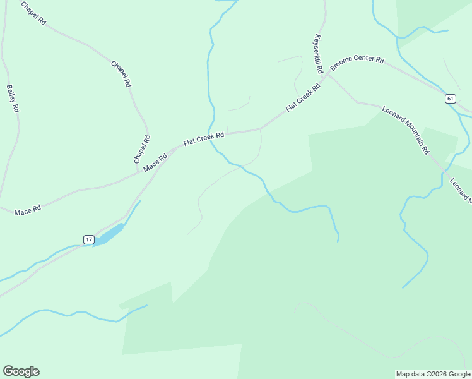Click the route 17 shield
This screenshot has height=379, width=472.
88,239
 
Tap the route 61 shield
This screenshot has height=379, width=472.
450,99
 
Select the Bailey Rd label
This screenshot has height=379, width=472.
13,99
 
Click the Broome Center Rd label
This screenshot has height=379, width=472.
357,64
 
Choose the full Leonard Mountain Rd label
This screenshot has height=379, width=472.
406,130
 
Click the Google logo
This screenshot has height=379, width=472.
21,371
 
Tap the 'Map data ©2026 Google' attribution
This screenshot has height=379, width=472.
434,374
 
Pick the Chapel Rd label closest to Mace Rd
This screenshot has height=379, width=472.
142,150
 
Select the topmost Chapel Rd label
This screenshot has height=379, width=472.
33,13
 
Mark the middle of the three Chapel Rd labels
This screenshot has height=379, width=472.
121,74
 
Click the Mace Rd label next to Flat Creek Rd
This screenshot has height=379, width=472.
155,163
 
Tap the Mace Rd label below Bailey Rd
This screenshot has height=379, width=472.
27,209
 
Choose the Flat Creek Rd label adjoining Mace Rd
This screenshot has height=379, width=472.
204,138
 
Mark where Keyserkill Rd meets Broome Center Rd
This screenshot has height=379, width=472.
326,75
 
